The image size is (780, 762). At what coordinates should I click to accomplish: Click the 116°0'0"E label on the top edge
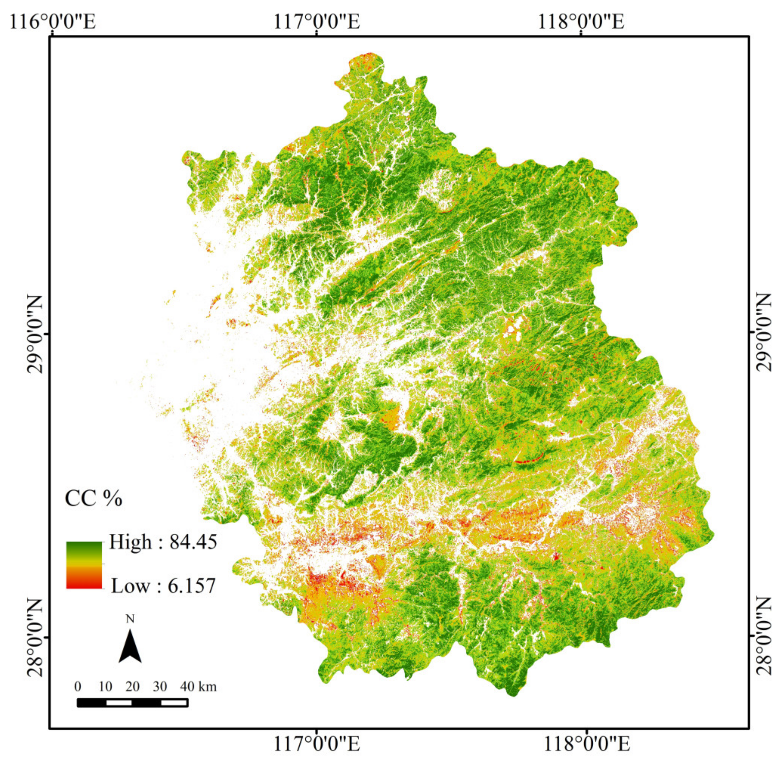[53, 21]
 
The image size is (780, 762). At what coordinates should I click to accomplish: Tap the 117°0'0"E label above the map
[316, 21]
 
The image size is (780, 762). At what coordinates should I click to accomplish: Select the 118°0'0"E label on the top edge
[580, 21]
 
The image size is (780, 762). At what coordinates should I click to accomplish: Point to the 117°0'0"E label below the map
[316, 744]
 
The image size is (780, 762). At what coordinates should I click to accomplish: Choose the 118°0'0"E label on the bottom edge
[587, 744]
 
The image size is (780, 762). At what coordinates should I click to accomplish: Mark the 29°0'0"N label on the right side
[764, 333]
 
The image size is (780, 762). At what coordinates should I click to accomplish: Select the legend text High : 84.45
[163, 542]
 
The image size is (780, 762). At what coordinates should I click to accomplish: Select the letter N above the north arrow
[130, 619]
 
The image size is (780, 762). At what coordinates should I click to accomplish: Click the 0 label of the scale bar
[77, 687]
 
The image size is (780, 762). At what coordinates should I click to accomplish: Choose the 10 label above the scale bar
[105, 687]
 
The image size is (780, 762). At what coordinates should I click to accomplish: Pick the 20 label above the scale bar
[133, 687]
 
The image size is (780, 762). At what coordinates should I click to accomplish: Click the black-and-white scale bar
[133, 703]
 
